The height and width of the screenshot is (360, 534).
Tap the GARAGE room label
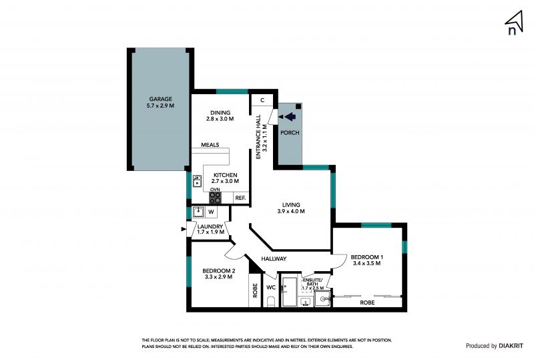160,100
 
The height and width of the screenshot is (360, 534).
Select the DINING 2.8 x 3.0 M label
220,116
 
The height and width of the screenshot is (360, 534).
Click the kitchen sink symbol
197,181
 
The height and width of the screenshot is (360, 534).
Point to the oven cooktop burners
215,198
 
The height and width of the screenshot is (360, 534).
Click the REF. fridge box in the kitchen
241,198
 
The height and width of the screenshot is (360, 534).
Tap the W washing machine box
211,212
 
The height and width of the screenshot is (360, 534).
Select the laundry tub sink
198,212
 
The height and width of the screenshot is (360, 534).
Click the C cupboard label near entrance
262,100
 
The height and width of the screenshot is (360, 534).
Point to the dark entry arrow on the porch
290,117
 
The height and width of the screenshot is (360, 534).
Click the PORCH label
290,133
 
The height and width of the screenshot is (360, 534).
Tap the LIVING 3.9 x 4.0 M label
291,208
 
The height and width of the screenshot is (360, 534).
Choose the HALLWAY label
274,258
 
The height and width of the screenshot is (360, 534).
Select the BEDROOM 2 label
219,271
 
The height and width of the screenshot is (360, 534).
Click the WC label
271,287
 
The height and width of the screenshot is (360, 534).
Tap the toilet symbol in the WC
271,301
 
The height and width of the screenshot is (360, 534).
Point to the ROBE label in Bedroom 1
367,303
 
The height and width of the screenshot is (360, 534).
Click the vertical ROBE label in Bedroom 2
255,291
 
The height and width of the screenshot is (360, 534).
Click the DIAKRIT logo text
511,346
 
